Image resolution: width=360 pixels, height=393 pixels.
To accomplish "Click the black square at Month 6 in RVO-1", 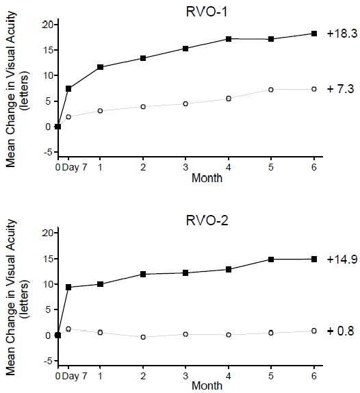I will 314,34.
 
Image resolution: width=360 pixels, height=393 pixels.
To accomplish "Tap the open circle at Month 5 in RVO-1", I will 272,90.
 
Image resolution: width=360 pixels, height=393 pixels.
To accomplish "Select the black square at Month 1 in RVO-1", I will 101,67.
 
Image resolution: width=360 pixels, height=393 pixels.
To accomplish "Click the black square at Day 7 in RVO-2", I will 68,287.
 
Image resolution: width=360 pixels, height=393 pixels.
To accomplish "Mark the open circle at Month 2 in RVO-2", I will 143,337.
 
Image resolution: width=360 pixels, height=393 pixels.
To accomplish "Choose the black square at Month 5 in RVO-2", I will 272,259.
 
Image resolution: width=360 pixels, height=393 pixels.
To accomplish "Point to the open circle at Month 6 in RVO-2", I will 314,331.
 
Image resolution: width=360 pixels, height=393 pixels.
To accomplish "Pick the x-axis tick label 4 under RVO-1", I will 229,166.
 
